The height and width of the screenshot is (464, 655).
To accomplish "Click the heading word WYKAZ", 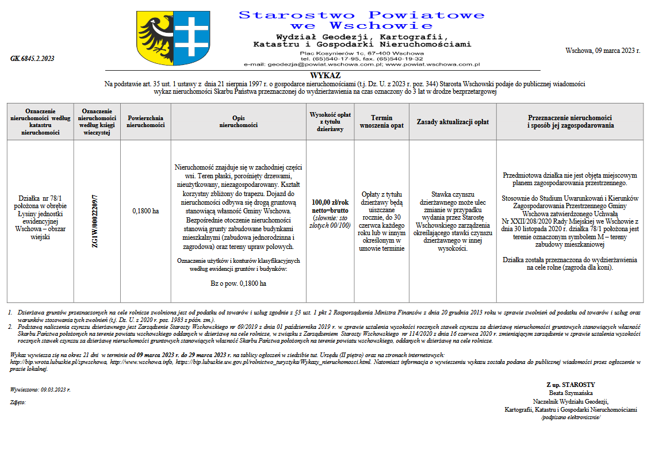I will pyautogui.click(x=325, y=75).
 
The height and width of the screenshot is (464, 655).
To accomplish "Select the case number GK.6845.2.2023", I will pyautogui.click(x=32, y=59).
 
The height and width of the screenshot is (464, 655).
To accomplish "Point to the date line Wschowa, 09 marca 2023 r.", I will pyautogui.click(x=603, y=51).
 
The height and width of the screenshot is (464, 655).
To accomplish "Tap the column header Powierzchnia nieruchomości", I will pyautogui.click(x=145, y=121).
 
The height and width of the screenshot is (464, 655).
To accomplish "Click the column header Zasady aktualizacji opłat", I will pyautogui.click(x=453, y=121).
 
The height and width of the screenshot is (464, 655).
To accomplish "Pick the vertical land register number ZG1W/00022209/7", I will pyautogui.click(x=96, y=221).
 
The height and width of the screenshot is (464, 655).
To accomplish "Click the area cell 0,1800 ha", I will pyautogui.click(x=145, y=211).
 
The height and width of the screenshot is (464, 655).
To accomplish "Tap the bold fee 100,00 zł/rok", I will pyautogui.click(x=330, y=202).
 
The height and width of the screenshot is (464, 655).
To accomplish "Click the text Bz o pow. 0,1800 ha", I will pyautogui.click(x=238, y=283).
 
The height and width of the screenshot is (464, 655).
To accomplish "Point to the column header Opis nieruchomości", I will pyautogui.click(x=238, y=121).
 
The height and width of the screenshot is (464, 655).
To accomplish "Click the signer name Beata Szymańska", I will pyautogui.click(x=570, y=393).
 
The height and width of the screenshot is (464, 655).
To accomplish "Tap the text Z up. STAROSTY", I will pyautogui.click(x=570, y=385).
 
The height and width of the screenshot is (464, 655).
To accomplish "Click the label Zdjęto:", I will pyautogui.click(x=18, y=402).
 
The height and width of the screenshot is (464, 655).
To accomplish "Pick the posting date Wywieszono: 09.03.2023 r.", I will pyautogui.click(x=40, y=389).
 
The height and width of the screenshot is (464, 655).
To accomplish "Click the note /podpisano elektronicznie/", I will pyautogui.click(x=570, y=417).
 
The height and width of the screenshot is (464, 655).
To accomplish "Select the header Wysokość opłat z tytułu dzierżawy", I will pyautogui.click(x=330, y=121).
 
